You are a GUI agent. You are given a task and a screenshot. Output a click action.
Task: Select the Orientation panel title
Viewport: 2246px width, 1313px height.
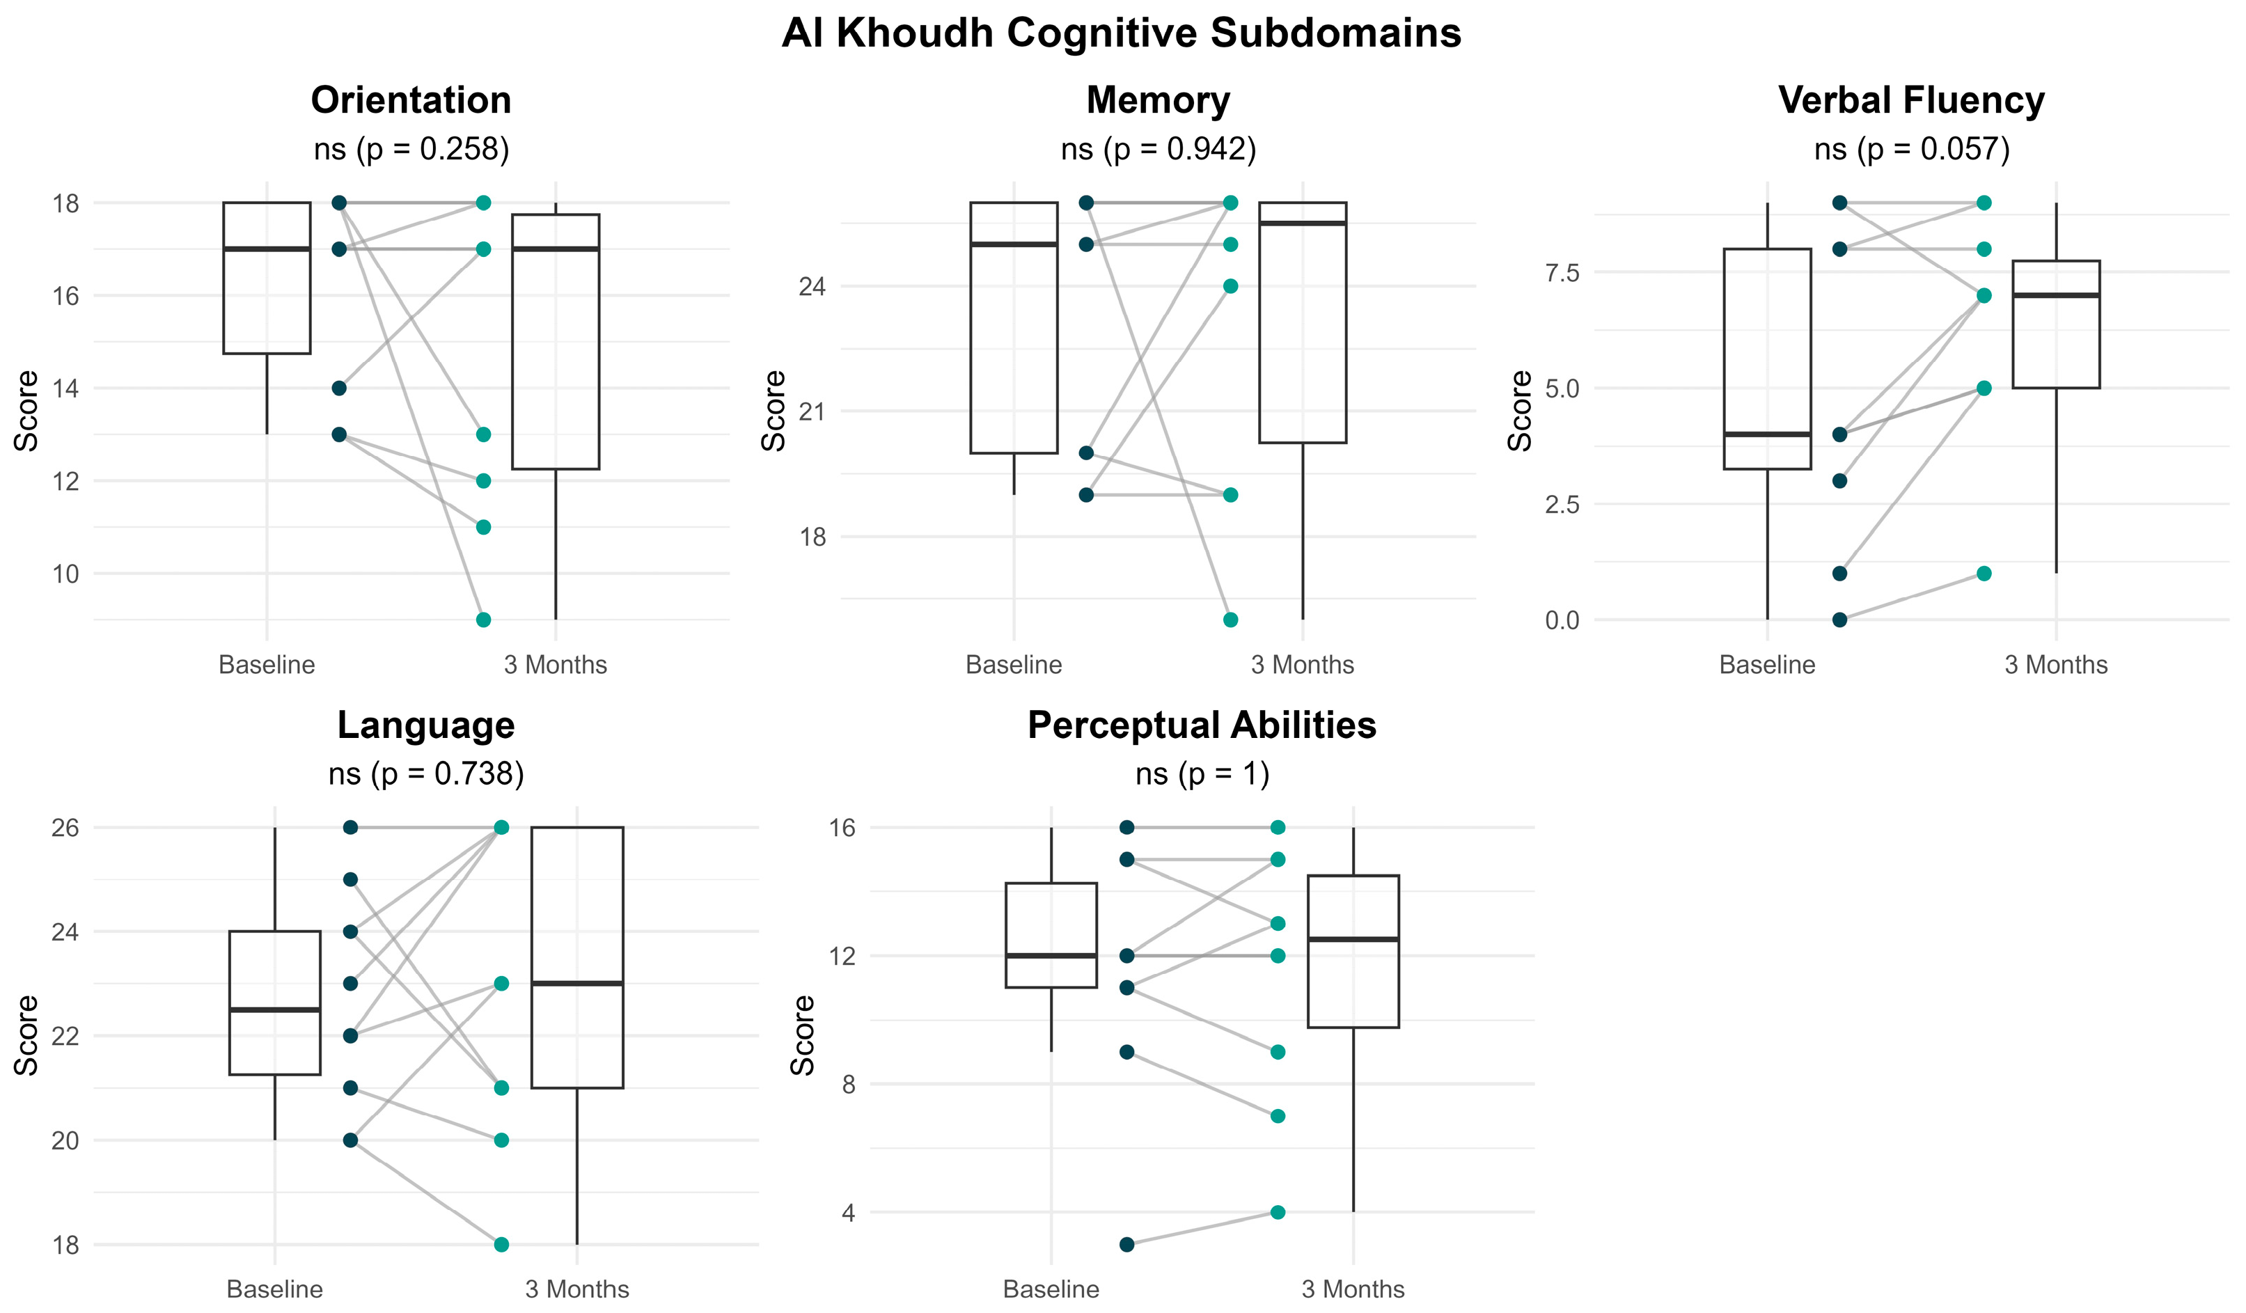(411, 100)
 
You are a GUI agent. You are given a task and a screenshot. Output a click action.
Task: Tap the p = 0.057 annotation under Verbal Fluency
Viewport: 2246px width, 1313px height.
(1912, 149)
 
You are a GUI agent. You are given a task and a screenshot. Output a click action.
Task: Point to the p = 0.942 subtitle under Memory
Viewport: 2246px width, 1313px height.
(1158, 149)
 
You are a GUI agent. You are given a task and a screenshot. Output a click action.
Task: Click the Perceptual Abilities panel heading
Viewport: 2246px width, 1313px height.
(1202, 725)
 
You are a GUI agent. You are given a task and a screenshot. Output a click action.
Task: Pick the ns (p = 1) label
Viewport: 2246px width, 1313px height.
(1202, 773)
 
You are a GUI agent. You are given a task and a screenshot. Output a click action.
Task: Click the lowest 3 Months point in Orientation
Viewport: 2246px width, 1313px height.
(483, 620)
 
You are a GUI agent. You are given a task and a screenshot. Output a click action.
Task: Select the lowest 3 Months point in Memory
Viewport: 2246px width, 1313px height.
(1230, 620)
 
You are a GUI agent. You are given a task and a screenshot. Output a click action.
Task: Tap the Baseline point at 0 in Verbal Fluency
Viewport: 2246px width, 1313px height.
(1839, 620)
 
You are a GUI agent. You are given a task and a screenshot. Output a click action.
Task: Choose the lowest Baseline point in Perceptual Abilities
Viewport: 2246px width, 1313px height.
(1126, 1244)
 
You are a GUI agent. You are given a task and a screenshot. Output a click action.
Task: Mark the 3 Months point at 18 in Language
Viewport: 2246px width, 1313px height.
(502, 1244)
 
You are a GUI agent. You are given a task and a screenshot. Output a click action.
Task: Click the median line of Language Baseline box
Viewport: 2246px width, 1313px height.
(274, 1010)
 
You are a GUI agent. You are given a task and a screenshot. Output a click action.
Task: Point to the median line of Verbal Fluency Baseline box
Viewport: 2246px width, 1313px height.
(1768, 434)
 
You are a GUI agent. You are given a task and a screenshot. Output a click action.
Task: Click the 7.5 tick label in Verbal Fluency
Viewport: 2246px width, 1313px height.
(1562, 273)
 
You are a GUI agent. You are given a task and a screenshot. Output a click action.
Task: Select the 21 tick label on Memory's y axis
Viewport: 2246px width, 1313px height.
(812, 412)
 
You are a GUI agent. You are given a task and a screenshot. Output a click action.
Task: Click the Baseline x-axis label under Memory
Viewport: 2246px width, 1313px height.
(1014, 665)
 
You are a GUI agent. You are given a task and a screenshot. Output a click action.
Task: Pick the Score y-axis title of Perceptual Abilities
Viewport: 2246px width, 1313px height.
(803, 1035)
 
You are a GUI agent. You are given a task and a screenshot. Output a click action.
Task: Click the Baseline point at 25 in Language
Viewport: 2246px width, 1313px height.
(350, 880)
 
